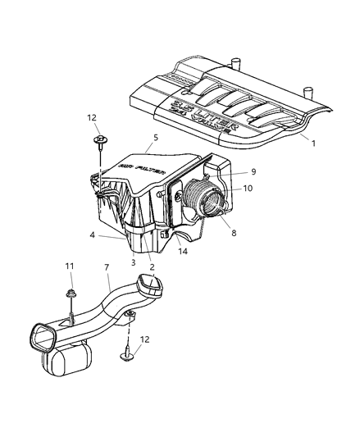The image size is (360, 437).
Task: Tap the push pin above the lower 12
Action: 130,357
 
